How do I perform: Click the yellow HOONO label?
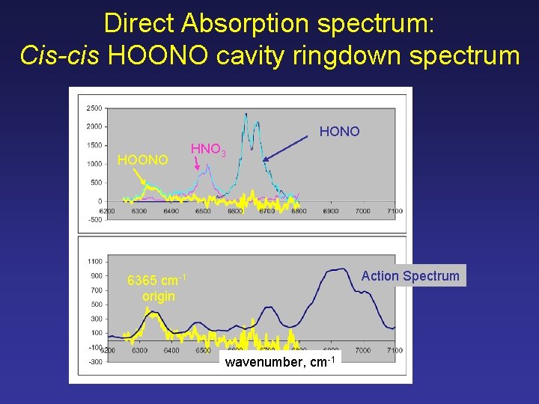[x=143, y=159]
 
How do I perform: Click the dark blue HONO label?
[x=339, y=132]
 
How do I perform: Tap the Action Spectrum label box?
[x=409, y=275]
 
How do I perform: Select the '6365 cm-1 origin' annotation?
[x=157, y=288]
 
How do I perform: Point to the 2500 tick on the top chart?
[x=94, y=108]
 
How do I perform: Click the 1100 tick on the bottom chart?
[x=94, y=262]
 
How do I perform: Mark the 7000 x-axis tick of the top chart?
[x=362, y=211]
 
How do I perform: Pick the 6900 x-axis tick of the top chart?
[x=330, y=211]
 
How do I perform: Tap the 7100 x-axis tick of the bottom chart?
[x=395, y=350]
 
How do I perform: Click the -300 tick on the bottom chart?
[x=94, y=361]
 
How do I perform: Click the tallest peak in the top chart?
[x=246, y=114]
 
